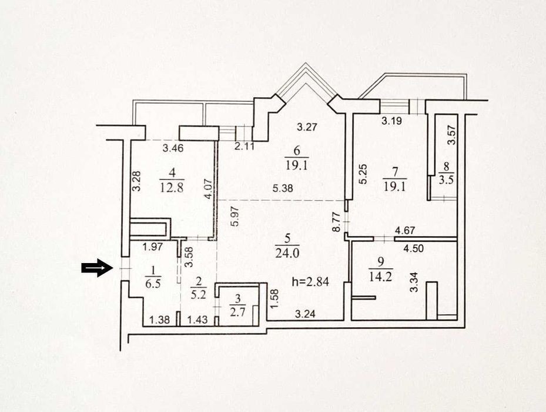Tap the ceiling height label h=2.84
(x=310, y=281)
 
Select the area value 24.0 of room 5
(x=287, y=252)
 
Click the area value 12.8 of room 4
(x=172, y=188)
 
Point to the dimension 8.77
(x=336, y=222)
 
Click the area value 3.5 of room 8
(x=446, y=180)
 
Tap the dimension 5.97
(x=236, y=216)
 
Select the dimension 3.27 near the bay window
(x=307, y=127)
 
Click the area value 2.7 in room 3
(x=238, y=311)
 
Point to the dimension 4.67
(x=405, y=231)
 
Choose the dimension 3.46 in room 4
(x=173, y=148)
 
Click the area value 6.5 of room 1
(x=153, y=283)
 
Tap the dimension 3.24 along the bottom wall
(x=305, y=314)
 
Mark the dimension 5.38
(x=283, y=188)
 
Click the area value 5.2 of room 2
(x=199, y=295)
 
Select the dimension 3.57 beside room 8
(x=451, y=135)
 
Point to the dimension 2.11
(x=244, y=146)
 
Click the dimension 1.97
(x=153, y=247)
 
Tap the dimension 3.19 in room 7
(x=392, y=121)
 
